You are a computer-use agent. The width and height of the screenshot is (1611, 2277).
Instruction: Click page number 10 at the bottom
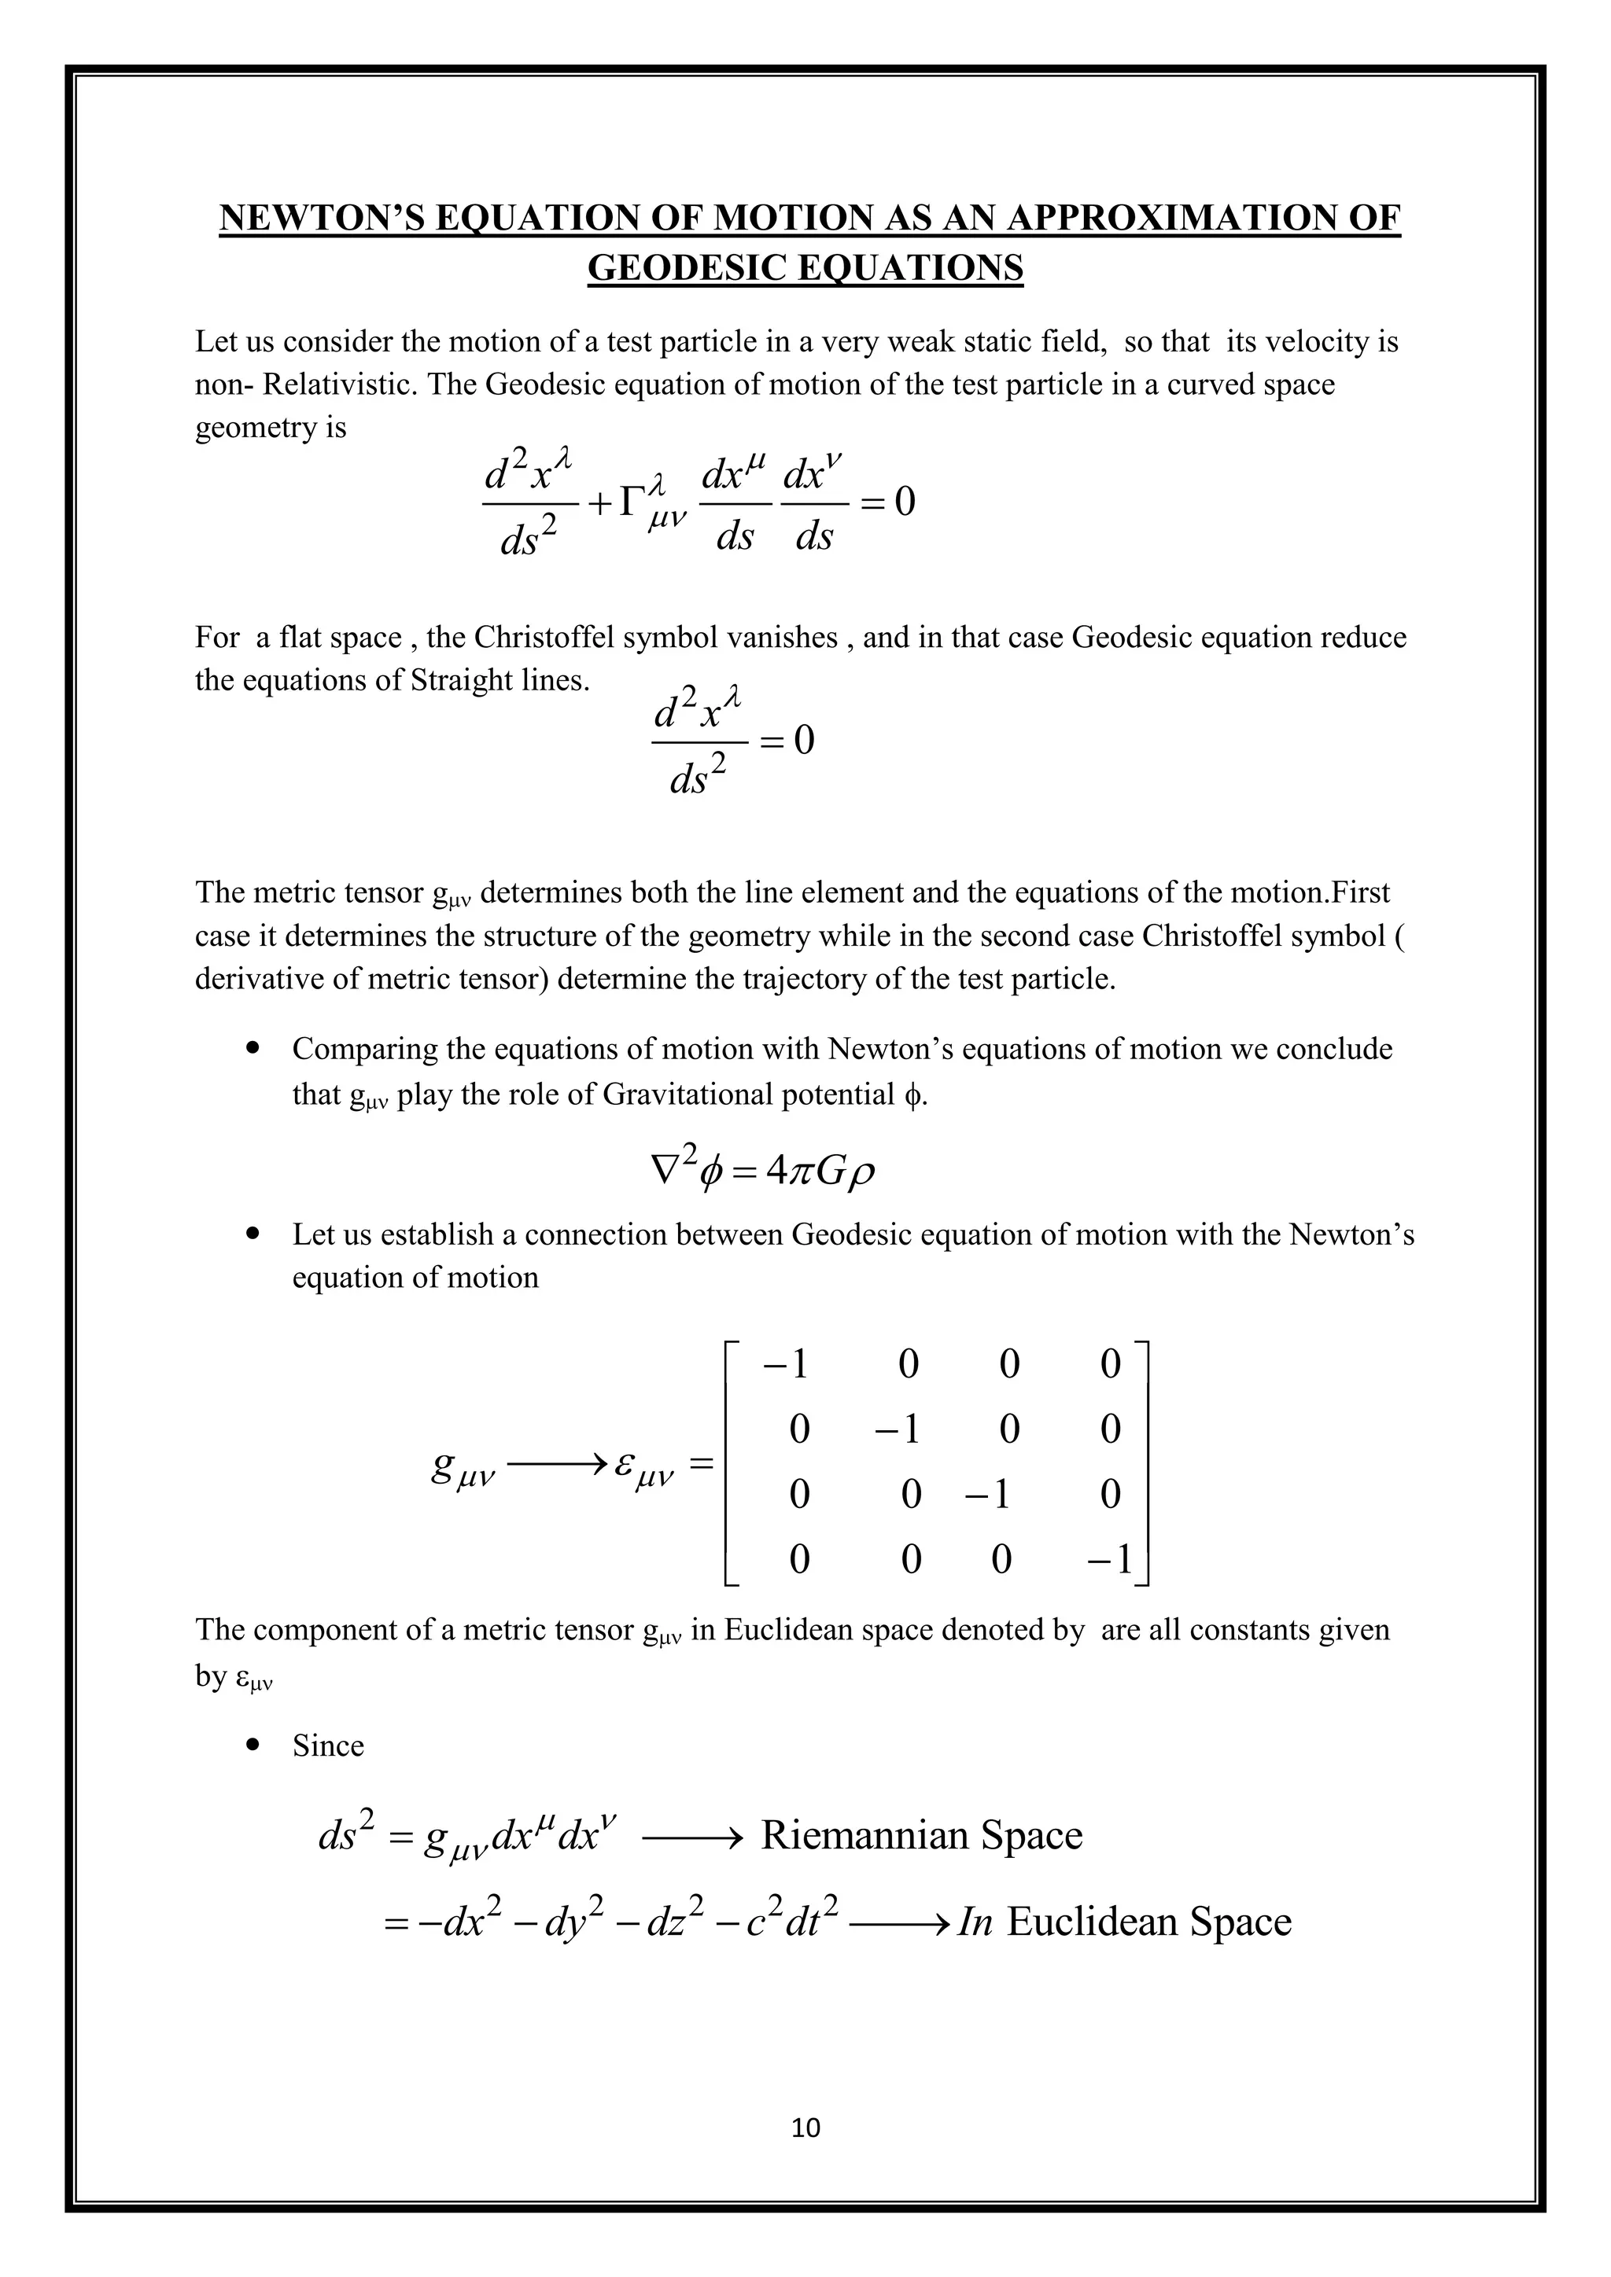click(x=805, y=2128)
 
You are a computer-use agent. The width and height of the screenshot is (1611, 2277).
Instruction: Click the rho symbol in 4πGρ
click(x=862, y=1174)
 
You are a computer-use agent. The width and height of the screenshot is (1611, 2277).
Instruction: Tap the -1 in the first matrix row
click(x=786, y=1365)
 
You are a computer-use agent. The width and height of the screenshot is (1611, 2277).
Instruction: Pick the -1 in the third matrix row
click(x=987, y=1495)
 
